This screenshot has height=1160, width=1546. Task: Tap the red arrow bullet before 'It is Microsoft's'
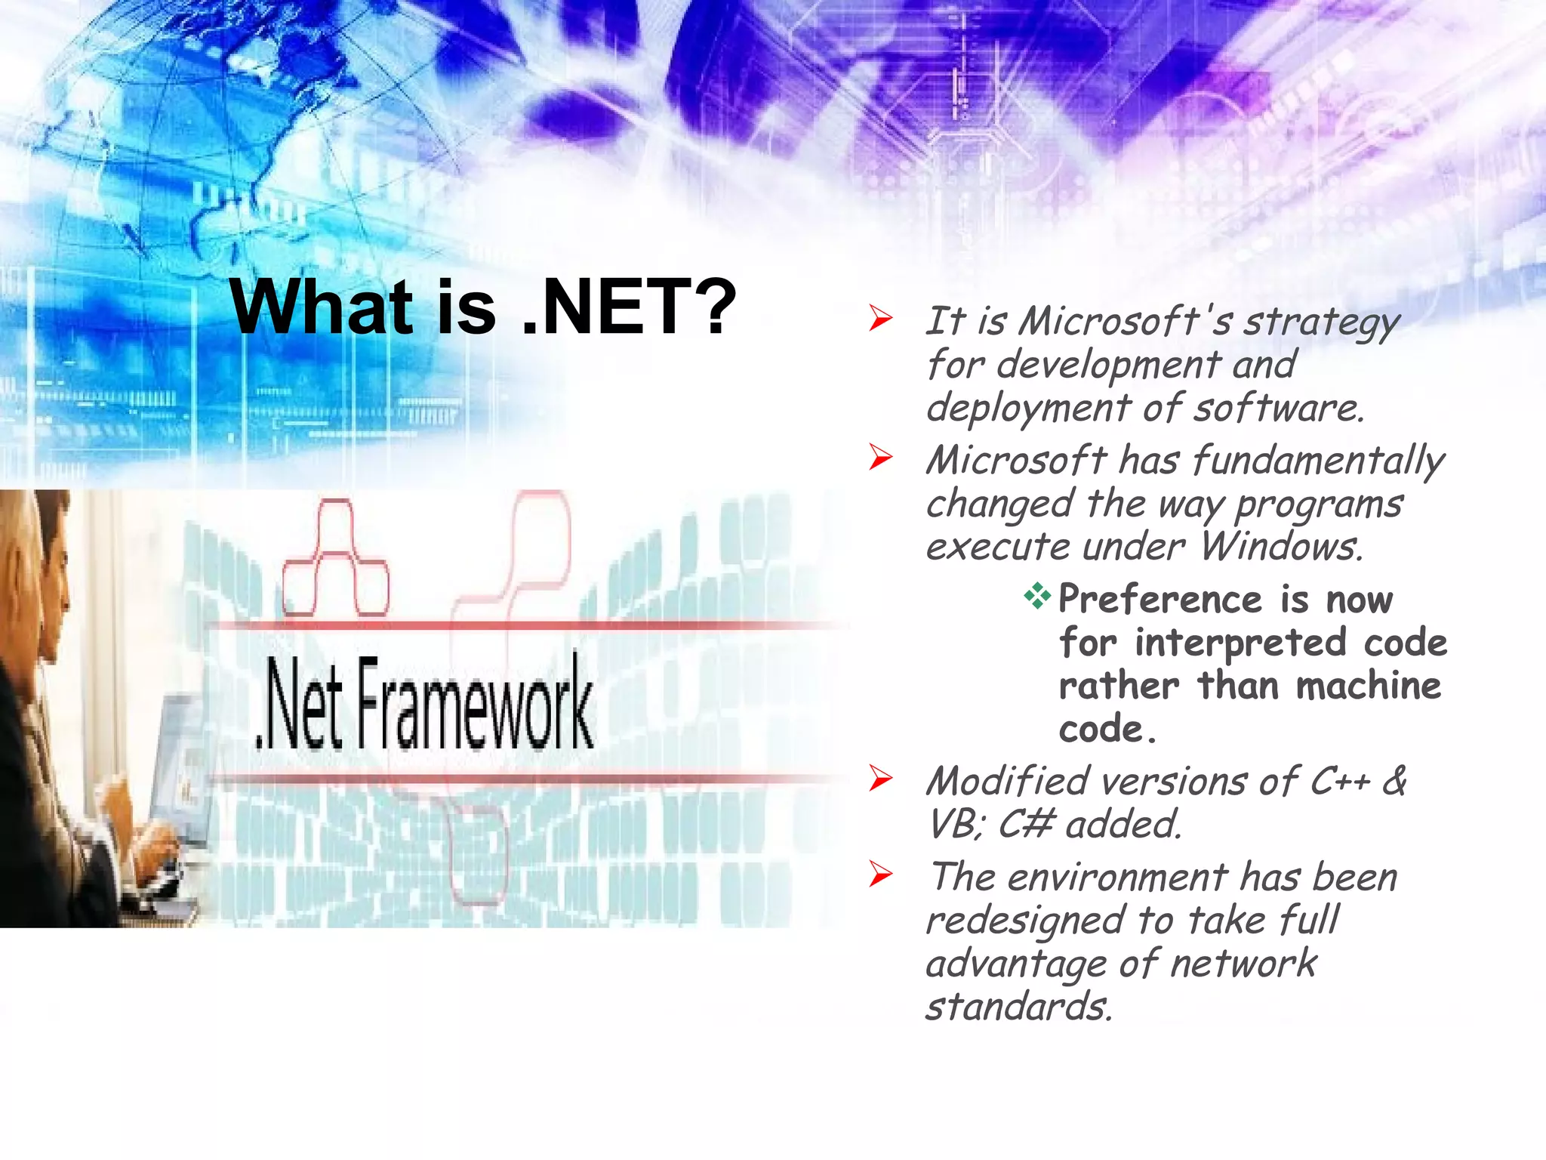(880, 319)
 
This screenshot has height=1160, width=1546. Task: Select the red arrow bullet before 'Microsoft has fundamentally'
(880, 457)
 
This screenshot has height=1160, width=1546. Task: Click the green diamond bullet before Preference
(1037, 597)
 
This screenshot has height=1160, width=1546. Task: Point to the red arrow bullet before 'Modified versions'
(880, 779)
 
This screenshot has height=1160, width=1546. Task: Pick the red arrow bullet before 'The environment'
(880, 875)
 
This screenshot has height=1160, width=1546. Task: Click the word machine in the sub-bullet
(1368, 686)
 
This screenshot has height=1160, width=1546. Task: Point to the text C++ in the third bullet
(1339, 781)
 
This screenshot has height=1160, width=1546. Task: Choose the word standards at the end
(1019, 1007)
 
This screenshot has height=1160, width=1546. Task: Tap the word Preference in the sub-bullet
(1159, 600)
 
